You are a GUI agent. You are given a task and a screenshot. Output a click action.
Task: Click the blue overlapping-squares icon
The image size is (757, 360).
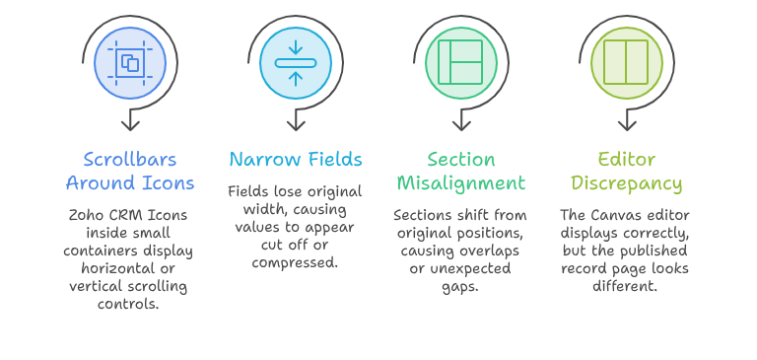pyautogui.click(x=130, y=63)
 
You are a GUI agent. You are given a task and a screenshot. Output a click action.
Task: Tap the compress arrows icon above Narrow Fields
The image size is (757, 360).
pyautogui.click(x=296, y=63)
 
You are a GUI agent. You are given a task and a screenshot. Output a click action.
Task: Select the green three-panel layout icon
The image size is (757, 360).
pyautogui.click(x=460, y=62)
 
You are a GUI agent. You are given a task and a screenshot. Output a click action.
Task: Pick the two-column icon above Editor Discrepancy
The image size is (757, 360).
pyautogui.click(x=626, y=62)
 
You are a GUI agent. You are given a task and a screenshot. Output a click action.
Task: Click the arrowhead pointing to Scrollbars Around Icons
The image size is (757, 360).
pyautogui.click(x=130, y=124)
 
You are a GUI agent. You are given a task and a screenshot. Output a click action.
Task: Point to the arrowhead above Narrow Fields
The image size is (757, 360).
pyautogui.click(x=296, y=124)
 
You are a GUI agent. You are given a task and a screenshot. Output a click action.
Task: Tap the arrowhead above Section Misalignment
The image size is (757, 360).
pyautogui.click(x=461, y=124)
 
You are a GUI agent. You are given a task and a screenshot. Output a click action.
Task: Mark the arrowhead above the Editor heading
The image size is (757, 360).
pyautogui.click(x=627, y=124)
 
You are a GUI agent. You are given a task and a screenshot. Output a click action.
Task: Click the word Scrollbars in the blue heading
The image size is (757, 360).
pyautogui.click(x=130, y=159)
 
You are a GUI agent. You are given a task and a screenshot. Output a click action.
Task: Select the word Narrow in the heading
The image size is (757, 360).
pyautogui.click(x=260, y=159)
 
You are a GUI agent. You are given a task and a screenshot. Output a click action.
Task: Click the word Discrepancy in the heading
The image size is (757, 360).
pyautogui.click(x=627, y=183)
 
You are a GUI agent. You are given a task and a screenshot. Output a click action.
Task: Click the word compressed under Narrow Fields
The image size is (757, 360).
pyautogui.click(x=295, y=263)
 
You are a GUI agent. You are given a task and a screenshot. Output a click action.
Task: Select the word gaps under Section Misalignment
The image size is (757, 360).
pyautogui.click(x=460, y=287)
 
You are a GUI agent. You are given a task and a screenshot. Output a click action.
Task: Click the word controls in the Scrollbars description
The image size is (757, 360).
pyautogui.click(x=128, y=305)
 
